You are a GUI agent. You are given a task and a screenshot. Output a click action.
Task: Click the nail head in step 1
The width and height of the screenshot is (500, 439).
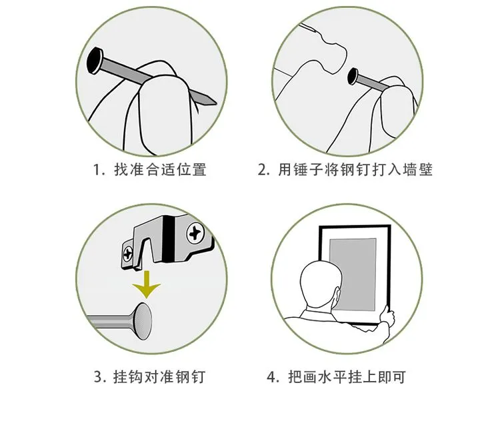pos(95,61)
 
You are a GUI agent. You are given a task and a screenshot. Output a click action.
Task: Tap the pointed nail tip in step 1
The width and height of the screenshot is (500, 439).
pos(215,103)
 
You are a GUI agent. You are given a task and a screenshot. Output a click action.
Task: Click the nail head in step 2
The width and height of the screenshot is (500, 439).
pos(353,77)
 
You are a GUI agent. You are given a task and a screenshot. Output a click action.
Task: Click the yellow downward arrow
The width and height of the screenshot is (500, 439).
pos(147,284)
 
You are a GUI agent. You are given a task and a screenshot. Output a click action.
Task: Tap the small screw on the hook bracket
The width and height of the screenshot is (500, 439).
pos(128,254)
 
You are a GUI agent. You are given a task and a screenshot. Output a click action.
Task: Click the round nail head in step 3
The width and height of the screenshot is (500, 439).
pos(143,321)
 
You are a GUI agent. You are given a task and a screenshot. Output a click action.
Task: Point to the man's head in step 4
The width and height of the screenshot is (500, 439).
pos(319,284)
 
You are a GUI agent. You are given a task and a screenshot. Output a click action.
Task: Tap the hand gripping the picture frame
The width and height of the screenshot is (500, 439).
pos(387,316)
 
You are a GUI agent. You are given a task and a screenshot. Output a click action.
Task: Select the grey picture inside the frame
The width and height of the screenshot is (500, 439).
pos(353,274)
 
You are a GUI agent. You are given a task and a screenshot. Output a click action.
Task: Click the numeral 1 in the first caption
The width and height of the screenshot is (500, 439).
pos(97,170)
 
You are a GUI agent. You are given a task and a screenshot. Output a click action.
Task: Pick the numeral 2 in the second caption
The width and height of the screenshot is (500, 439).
pos(262,170)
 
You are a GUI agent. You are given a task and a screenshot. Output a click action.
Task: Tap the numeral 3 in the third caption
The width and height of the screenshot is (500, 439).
pos(98,377)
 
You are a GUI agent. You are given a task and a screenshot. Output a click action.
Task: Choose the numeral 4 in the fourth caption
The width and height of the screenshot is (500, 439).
pos(272,377)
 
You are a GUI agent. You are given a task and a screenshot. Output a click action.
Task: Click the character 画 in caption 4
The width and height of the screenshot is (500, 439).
pos(309,377)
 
